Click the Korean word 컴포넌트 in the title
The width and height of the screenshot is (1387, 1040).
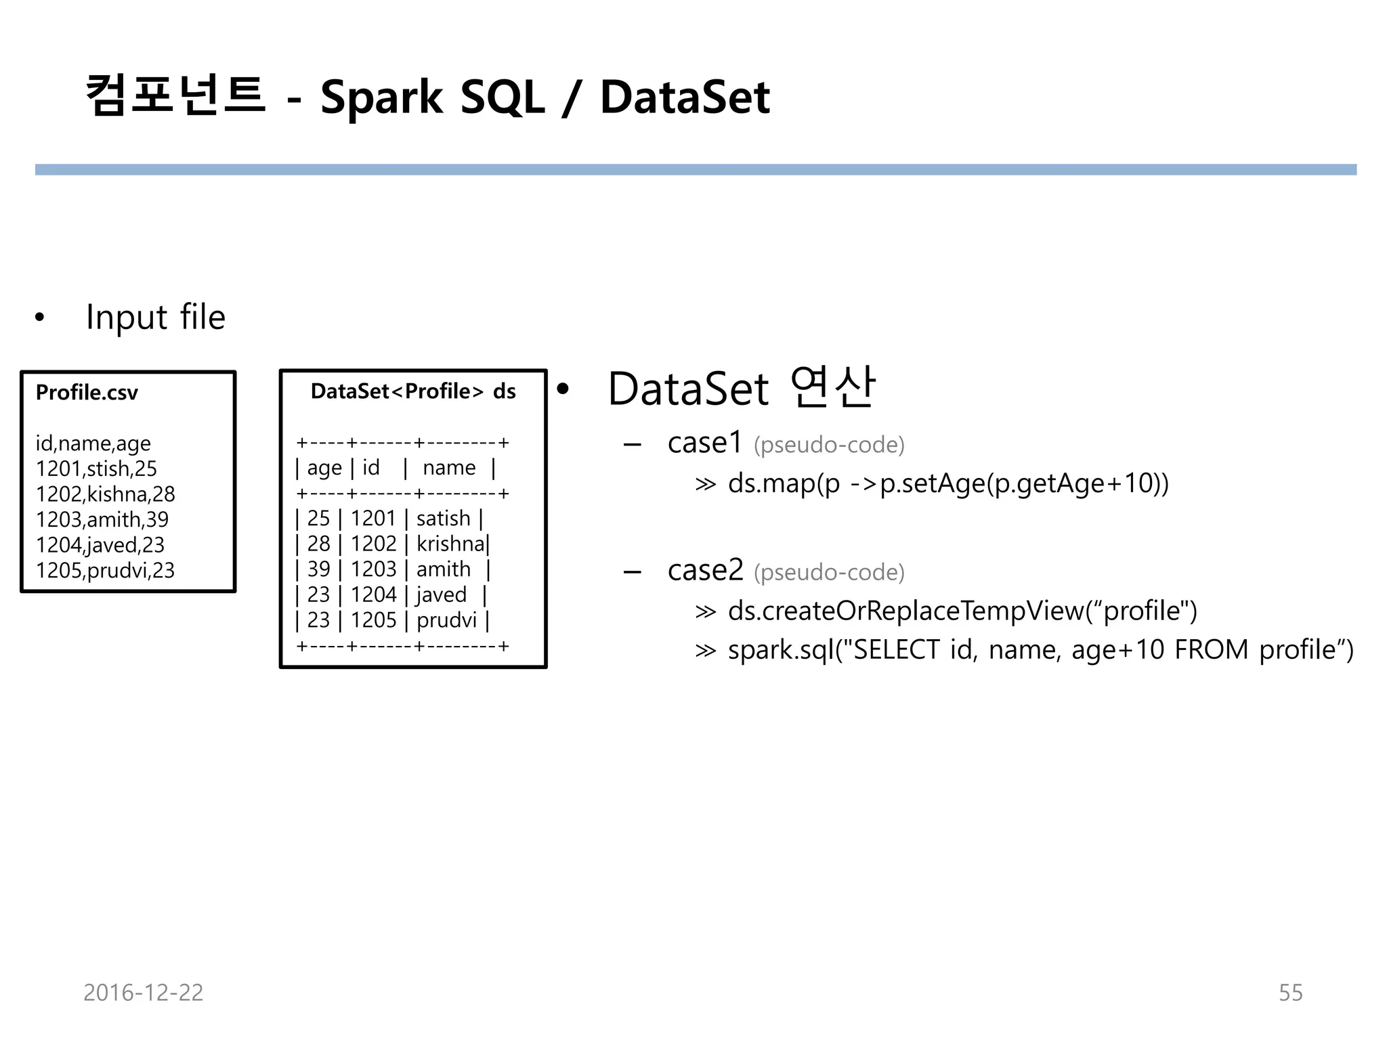pos(175,96)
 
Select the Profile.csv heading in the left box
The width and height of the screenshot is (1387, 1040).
pos(87,393)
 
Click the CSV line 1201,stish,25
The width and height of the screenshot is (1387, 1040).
pos(96,469)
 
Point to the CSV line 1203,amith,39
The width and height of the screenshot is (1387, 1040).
pos(102,519)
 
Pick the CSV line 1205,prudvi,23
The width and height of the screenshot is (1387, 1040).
pos(105,570)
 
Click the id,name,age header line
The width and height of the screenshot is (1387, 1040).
pos(93,443)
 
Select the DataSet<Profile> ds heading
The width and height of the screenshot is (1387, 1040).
pos(413,391)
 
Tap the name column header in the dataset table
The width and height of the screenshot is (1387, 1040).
pos(449,468)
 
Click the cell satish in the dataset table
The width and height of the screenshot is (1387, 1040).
pos(443,519)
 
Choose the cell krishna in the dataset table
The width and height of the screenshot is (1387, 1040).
pos(450,544)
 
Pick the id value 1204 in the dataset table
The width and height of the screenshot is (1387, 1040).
pos(373,594)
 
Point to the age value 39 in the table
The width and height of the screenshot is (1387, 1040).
pos(318,569)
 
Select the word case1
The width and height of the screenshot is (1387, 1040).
pos(705,443)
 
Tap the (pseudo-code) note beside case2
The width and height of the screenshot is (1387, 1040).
pos(829,573)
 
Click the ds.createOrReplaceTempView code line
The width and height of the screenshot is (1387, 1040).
pos(962,611)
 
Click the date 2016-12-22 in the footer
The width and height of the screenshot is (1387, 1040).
pos(143,993)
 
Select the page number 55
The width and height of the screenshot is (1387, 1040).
pos(1290,993)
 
